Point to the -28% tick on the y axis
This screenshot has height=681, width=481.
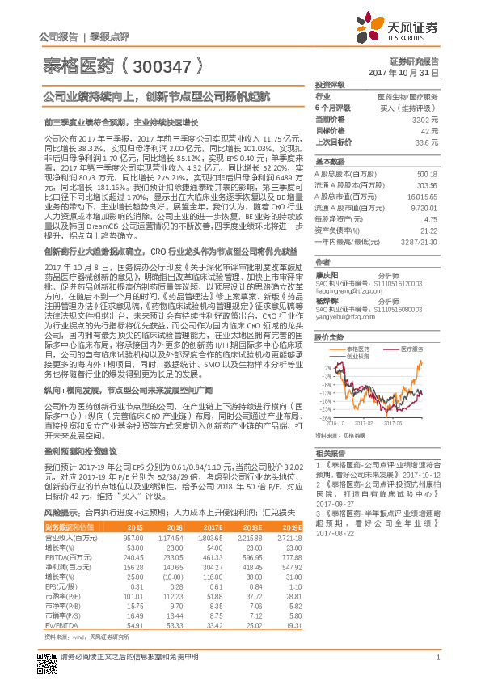323,419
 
